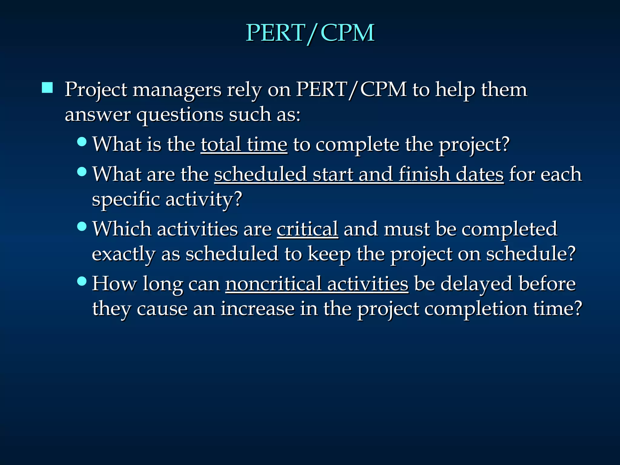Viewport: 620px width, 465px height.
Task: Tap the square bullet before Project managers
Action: pyautogui.click(x=47, y=88)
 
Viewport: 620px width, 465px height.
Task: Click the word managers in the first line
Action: pyautogui.click(x=177, y=90)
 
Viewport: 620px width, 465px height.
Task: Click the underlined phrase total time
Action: pyautogui.click(x=244, y=144)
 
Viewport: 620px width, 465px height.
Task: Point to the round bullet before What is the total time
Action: pyautogui.click(x=82, y=141)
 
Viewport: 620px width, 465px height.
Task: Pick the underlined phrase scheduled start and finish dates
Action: pyautogui.click(x=359, y=174)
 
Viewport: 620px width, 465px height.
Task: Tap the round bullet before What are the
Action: pyautogui.click(x=82, y=172)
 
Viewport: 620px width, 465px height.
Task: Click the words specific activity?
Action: pyautogui.click(x=167, y=200)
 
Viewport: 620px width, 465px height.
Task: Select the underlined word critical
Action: pyautogui.click(x=308, y=229)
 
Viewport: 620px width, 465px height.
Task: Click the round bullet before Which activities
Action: pyautogui.click(x=82, y=226)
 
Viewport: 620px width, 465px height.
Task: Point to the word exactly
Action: pyautogui.click(x=124, y=254)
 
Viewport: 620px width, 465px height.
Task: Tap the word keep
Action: pyautogui.click(x=329, y=254)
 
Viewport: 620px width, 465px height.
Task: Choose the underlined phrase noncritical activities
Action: pyautogui.click(x=317, y=284)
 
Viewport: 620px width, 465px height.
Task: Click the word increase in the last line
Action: pyautogui.click(x=257, y=309)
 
